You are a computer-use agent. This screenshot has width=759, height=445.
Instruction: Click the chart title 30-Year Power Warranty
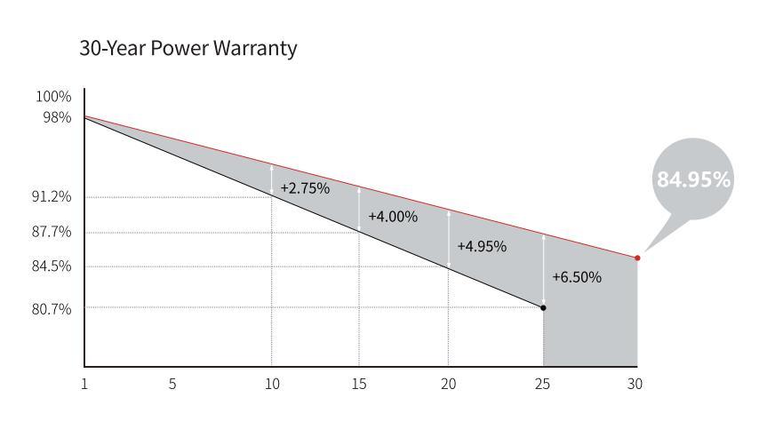tap(188, 49)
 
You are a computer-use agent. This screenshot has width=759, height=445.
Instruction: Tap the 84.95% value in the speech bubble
tap(693, 179)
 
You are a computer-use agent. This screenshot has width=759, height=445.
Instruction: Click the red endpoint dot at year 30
tap(637, 258)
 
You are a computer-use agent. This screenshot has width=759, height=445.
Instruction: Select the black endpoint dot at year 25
tap(543, 307)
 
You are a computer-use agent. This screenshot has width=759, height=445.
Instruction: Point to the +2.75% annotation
tap(305, 188)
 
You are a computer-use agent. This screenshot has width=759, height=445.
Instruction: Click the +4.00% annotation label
tap(393, 217)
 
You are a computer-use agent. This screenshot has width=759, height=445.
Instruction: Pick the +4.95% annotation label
tap(482, 246)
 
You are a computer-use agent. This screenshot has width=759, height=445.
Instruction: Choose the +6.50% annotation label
tap(577, 277)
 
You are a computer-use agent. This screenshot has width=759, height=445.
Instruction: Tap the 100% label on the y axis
tap(53, 97)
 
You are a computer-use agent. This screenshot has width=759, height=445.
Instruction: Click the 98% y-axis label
tap(57, 117)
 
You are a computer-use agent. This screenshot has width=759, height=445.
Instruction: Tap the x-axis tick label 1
tap(84, 384)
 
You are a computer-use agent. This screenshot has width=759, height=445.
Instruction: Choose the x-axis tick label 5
tap(172, 384)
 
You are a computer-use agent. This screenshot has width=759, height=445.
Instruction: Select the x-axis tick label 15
tap(359, 384)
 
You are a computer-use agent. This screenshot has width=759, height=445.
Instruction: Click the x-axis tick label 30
tap(634, 384)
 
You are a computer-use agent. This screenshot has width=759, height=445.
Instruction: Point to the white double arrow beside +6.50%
tap(543, 270)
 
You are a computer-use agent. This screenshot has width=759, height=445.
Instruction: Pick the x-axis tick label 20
tap(449, 384)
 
